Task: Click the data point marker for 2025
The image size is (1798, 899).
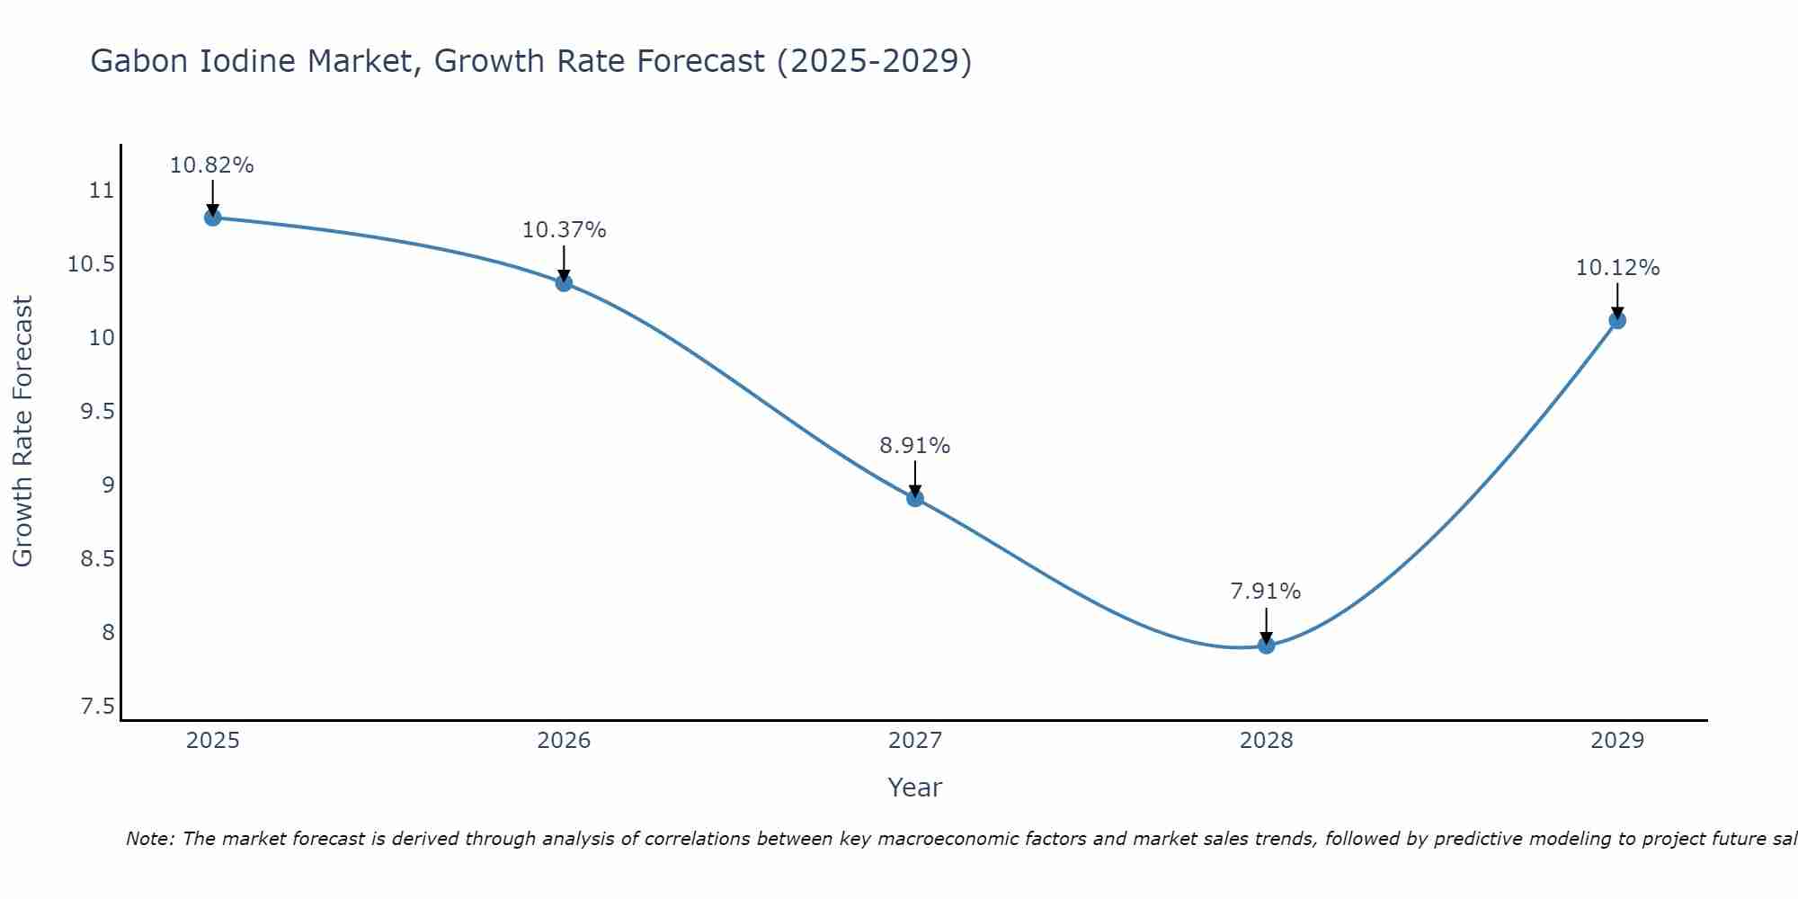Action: (213, 217)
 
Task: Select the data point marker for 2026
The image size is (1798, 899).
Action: (564, 282)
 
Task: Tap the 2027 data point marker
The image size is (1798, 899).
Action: (915, 498)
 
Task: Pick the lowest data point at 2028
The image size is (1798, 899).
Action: (1266, 645)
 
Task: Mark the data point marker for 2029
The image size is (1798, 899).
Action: (1617, 320)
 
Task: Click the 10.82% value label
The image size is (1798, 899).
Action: (212, 165)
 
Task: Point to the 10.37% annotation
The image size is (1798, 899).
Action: (564, 230)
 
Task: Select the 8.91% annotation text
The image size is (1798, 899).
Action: (914, 446)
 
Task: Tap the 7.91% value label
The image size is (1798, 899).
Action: (1265, 592)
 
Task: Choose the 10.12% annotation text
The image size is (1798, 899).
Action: (1617, 268)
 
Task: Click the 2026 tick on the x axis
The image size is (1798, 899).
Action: (564, 741)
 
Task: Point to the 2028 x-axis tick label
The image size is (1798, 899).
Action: (1266, 741)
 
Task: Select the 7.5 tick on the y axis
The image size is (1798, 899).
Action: (98, 707)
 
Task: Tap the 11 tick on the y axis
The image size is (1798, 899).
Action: (102, 191)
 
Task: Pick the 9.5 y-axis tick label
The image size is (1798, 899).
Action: (98, 412)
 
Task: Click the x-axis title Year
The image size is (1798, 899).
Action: (914, 788)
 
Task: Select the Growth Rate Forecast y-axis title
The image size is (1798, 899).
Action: (22, 432)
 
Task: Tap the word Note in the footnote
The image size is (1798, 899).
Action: (149, 839)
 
